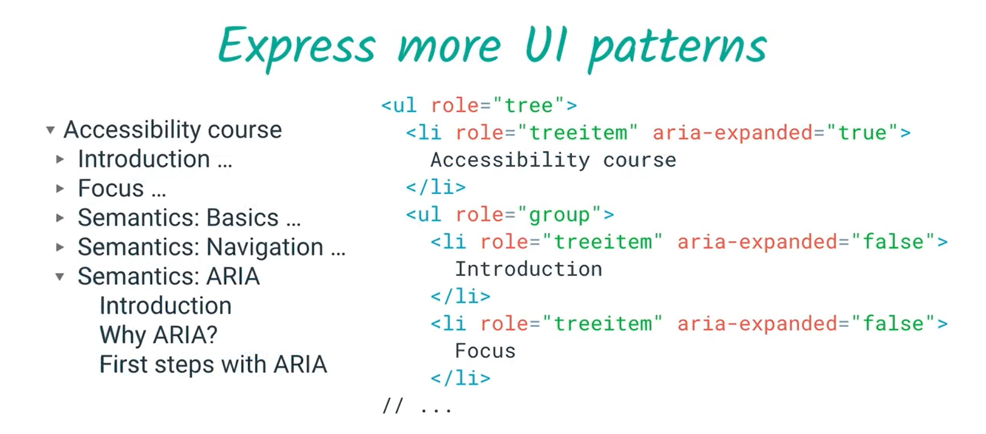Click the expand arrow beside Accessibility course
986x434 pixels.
[50, 130]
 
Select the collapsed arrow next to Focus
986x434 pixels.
[60, 188]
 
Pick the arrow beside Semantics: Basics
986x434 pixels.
[60, 218]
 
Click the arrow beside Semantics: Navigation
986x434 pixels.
[60, 247]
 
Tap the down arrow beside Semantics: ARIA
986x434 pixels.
[60, 277]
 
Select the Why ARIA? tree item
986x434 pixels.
[159, 335]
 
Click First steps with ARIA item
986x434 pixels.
[213, 364]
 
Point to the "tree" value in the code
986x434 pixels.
[528, 106]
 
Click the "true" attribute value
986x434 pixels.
[862, 133]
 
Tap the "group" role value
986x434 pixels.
[559, 215]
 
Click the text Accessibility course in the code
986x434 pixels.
[553, 160]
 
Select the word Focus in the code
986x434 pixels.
[485, 351]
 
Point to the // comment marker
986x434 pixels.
[392, 407]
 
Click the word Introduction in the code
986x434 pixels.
[528, 269]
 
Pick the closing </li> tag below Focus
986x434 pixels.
[460, 378]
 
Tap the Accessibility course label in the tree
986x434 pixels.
[173, 130]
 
